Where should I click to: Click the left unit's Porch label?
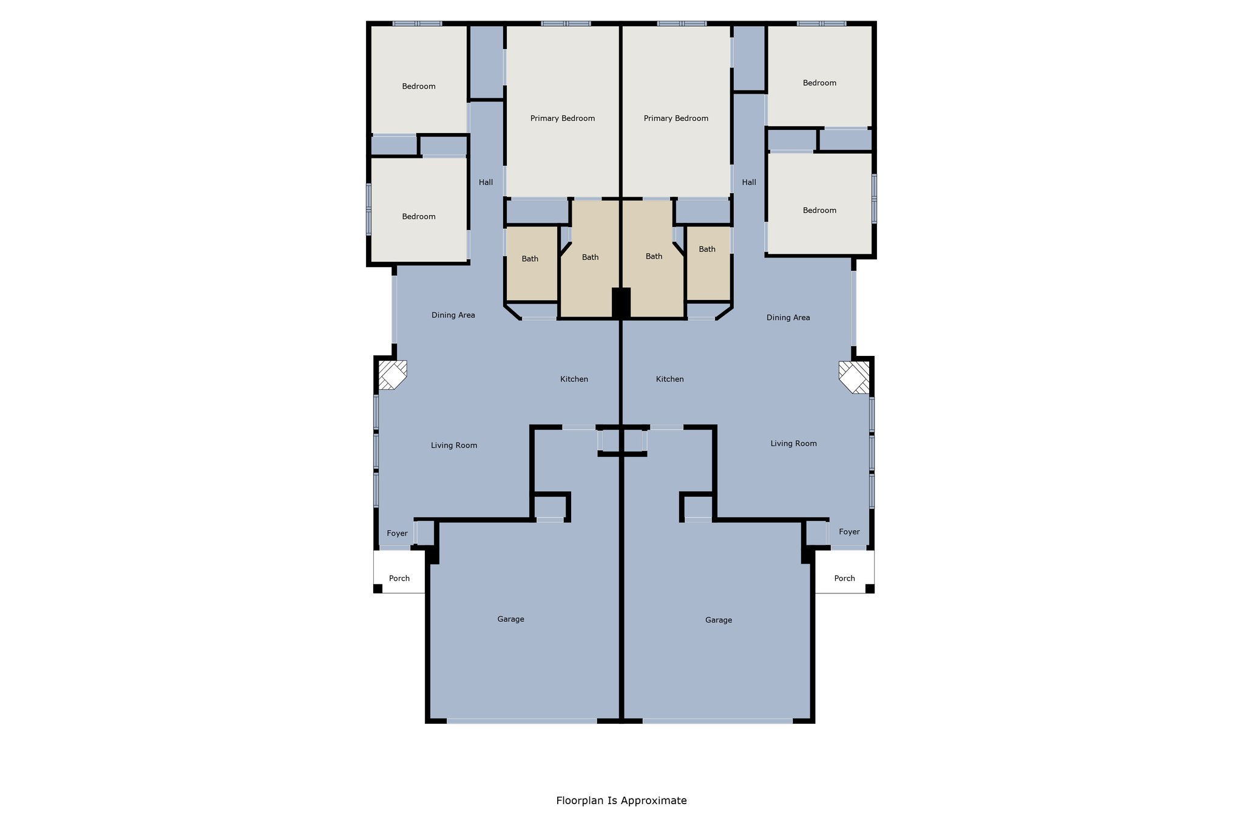point(399,578)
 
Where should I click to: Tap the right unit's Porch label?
point(844,578)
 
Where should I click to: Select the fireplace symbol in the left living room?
point(392,375)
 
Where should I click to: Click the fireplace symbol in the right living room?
point(855,377)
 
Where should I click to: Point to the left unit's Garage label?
point(510,619)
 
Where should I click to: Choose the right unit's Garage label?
point(719,620)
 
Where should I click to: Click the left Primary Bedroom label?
point(562,118)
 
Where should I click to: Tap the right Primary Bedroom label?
point(676,118)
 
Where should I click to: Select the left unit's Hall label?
point(486,182)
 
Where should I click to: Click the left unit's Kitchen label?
point(574,379)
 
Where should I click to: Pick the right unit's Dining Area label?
point(788,318)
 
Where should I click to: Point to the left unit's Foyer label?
point(397,533)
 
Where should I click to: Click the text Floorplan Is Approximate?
point(621,800)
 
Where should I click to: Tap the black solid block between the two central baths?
point(621,302)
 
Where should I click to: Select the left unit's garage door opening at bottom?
point(522,721)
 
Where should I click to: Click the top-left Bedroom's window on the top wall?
point(417,24)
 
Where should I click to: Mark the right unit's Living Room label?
point(793,443)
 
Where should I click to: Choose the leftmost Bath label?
point(530,259)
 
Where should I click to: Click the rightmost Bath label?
point(707,249)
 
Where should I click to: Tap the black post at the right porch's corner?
point(869,588)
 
